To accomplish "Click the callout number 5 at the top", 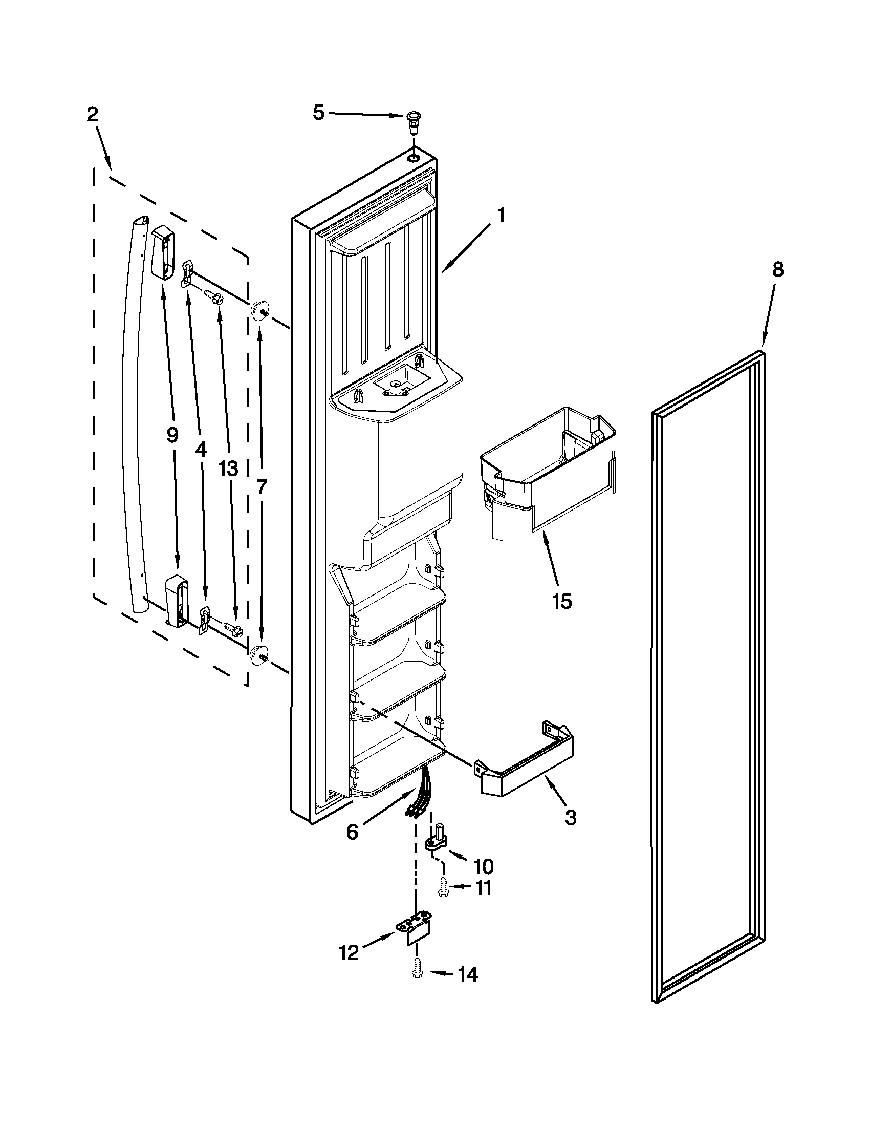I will click(319, 113).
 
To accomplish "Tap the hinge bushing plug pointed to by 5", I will click(412, 121).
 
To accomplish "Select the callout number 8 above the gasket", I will click(778, 269).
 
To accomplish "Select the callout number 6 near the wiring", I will click(352, 832).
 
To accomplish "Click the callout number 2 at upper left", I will click(92, 114).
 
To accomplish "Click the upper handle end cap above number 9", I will click(163, 252).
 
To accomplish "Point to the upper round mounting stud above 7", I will click(258, 311).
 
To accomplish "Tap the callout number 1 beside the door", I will click(500, 215).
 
